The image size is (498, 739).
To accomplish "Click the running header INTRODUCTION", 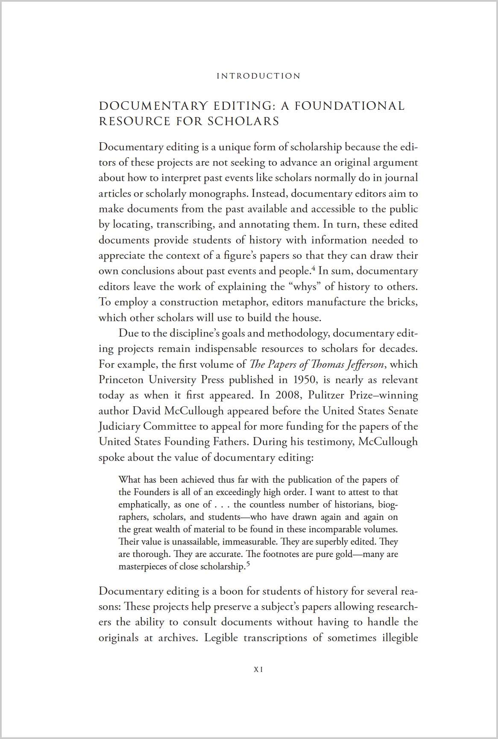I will pyautogui.click(x=259, y=76).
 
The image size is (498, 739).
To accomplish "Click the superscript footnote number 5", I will pyautogui.click(x=248, y=564).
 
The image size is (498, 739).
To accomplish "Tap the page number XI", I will pyautogui.click(x=258, y=670).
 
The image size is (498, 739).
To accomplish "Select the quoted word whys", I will pyautogui.click(x=306, y=287).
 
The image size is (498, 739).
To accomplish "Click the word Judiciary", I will pyautogui.click(x=119, y=426).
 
